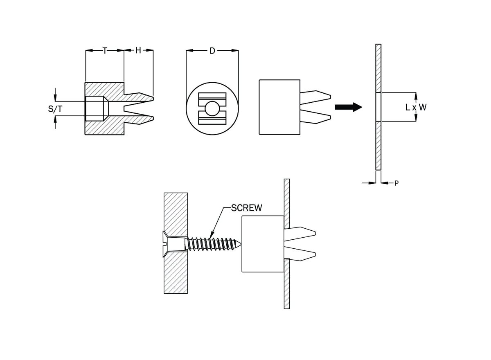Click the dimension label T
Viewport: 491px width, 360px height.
tap(105, 51)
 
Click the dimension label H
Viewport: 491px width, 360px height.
tap(138, 51)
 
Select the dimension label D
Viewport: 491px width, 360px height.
tap(212, 51)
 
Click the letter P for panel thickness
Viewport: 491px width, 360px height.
tap(396, 184)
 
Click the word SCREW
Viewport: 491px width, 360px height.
tap(246, 207)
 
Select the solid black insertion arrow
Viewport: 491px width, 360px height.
tap(348, 107)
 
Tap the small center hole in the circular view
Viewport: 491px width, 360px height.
tap(212, 108)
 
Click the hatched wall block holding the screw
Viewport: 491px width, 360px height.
tap(176, 213)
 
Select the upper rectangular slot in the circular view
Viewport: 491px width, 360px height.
tap(212, 99)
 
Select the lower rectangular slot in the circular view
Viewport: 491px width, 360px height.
tap(212, 119)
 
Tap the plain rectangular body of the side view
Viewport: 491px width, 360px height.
tap(279, 107)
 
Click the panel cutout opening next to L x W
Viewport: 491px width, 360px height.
tap(378, 107)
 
